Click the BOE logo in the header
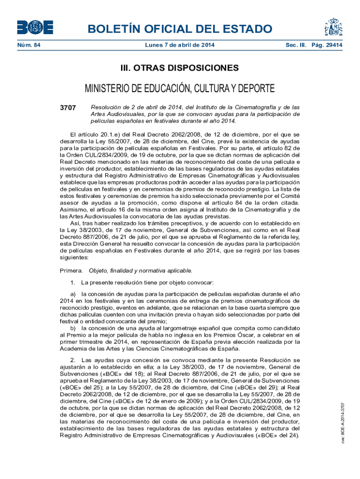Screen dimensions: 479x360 pos(35,27)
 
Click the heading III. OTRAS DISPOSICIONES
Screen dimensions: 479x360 pos(180,68)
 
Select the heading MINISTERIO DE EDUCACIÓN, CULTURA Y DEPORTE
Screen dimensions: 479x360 pos(180,89)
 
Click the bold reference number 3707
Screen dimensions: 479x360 pos(68,108)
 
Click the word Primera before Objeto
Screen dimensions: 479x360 pos(71,271)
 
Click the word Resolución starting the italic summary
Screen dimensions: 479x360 pos(106,108)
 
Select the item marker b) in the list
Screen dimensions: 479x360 pos(74,329)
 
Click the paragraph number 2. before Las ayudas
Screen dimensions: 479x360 pos(73,360)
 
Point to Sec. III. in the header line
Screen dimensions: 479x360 pos(296,45)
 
